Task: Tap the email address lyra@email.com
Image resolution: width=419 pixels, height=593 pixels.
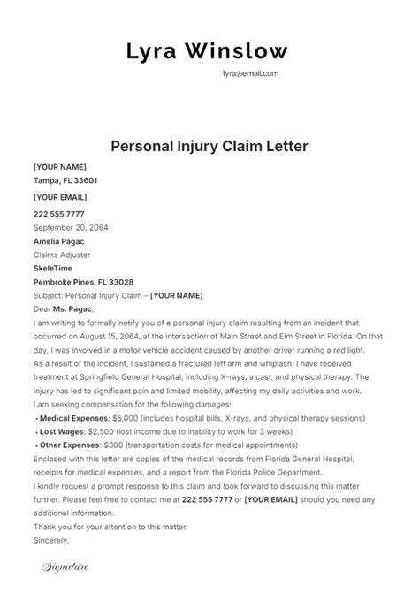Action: (250, 74)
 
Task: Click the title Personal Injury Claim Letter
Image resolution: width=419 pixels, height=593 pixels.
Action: (209, 145)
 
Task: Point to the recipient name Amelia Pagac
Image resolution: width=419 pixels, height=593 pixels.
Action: (60, 240)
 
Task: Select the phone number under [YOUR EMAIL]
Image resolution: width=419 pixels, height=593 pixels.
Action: (59, 213)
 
